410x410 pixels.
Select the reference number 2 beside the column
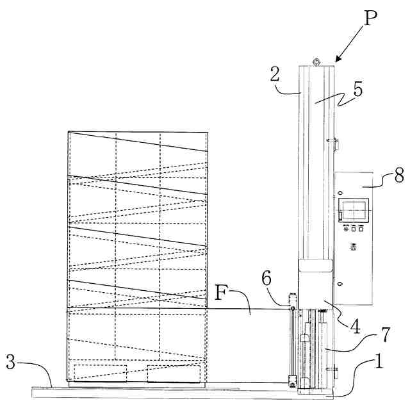(275, 74)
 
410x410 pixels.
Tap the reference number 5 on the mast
(358, 89)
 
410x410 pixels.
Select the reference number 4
(354, 325)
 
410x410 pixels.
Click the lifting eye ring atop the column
(315, 61)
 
